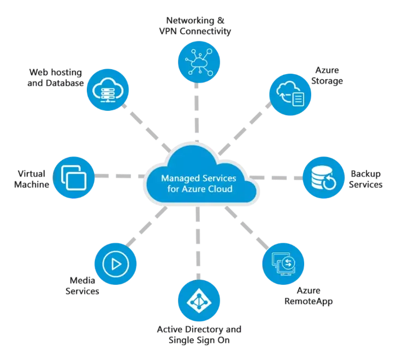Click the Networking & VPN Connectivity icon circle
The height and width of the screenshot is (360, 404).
[199, 62]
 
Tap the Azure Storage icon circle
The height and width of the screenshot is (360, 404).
[290, 94]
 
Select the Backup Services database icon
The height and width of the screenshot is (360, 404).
[324, 178]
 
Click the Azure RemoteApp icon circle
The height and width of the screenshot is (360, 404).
[283, 263]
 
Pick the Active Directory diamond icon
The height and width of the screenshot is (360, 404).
[199, 300]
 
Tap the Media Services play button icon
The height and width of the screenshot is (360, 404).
[115, 264]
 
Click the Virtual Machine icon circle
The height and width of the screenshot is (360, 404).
[74, 177]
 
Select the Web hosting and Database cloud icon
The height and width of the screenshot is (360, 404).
[108, 90]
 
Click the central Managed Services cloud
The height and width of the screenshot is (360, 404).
[201, 176]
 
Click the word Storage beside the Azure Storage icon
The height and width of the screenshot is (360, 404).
[327, 81]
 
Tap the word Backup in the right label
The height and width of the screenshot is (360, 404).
[366, 174]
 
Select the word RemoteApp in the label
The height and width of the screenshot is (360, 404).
[308, 301]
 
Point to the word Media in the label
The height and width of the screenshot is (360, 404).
[82, 280]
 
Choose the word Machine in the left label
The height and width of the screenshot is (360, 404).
[32, 184]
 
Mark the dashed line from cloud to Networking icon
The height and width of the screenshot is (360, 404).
[197, 112]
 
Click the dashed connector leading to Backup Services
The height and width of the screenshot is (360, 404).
[276, 178]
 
